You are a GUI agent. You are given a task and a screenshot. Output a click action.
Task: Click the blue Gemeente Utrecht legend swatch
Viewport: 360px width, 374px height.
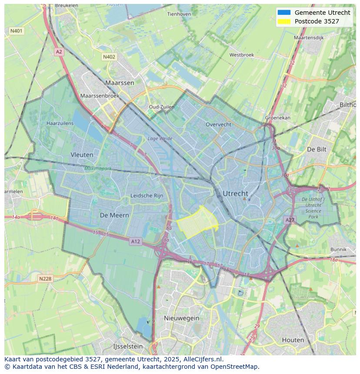[283, 13]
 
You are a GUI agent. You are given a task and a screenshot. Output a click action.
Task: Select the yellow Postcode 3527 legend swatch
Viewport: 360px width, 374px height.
[283, 21]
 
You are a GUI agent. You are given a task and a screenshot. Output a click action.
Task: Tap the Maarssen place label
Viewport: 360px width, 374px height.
[120, 83]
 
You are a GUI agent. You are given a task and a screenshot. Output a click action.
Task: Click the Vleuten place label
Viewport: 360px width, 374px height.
[82, 155]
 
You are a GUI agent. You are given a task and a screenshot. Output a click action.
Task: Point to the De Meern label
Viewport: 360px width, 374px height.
[114, 215]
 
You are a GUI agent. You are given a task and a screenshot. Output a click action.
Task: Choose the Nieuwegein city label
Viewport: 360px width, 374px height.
[181, 318]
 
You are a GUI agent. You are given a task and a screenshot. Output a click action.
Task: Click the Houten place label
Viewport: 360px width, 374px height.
[293, 340]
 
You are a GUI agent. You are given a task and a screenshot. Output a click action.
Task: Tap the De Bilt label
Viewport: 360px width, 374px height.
[316, 149]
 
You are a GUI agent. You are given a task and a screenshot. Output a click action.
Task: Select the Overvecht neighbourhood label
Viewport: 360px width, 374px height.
[218, 124]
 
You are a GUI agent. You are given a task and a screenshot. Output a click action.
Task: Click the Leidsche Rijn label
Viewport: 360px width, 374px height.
[147, 196]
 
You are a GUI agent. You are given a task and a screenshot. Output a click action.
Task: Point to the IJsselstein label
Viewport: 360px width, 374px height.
[128, 346]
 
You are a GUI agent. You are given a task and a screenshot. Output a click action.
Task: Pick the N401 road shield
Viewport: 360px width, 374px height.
[16, 31]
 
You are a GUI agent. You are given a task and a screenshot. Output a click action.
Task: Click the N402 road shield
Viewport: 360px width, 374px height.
[109, 57]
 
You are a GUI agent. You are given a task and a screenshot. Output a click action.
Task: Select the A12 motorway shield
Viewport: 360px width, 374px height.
[135, 242]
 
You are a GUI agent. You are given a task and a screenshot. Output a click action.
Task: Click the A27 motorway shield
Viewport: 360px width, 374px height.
[290, 220]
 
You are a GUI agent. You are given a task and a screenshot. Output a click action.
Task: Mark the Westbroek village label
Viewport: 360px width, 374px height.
[241, 55]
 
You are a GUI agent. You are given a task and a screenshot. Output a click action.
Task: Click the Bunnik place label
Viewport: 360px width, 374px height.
[338, 249]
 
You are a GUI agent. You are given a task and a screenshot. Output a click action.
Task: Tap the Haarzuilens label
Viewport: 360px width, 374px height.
[60, 123]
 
